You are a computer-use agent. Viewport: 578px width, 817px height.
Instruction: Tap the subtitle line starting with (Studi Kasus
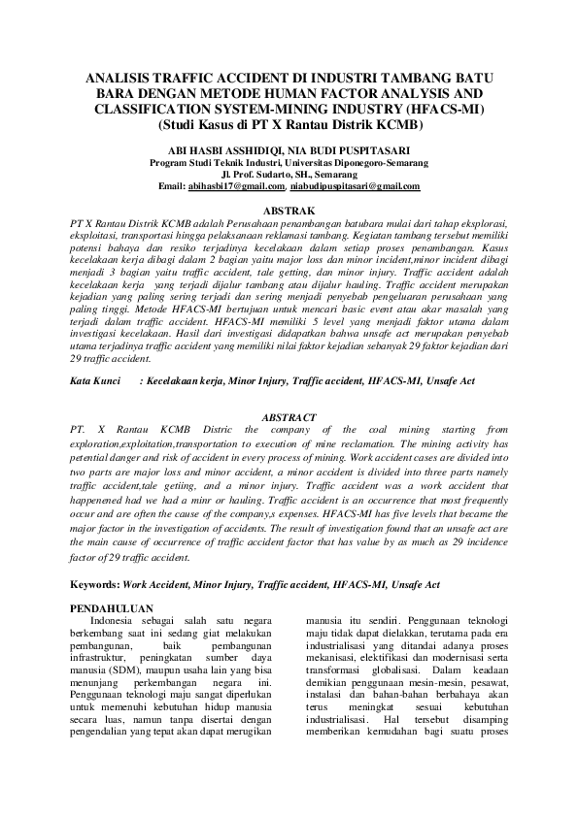point(289,125)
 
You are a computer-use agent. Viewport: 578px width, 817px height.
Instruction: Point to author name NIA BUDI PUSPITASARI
point(354,151)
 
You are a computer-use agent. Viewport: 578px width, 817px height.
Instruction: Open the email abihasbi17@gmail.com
point(236,186)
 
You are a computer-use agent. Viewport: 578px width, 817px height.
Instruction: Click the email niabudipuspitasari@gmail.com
point(356,186)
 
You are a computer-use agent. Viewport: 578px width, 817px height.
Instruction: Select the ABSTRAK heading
point(289,210)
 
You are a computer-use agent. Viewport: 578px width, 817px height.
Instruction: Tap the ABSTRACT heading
point(289,416)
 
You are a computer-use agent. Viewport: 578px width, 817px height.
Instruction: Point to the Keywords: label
point(95,585)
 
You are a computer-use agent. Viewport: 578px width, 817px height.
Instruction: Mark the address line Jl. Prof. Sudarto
point(289,175)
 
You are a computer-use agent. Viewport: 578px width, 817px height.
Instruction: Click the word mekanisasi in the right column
point(335,657)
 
